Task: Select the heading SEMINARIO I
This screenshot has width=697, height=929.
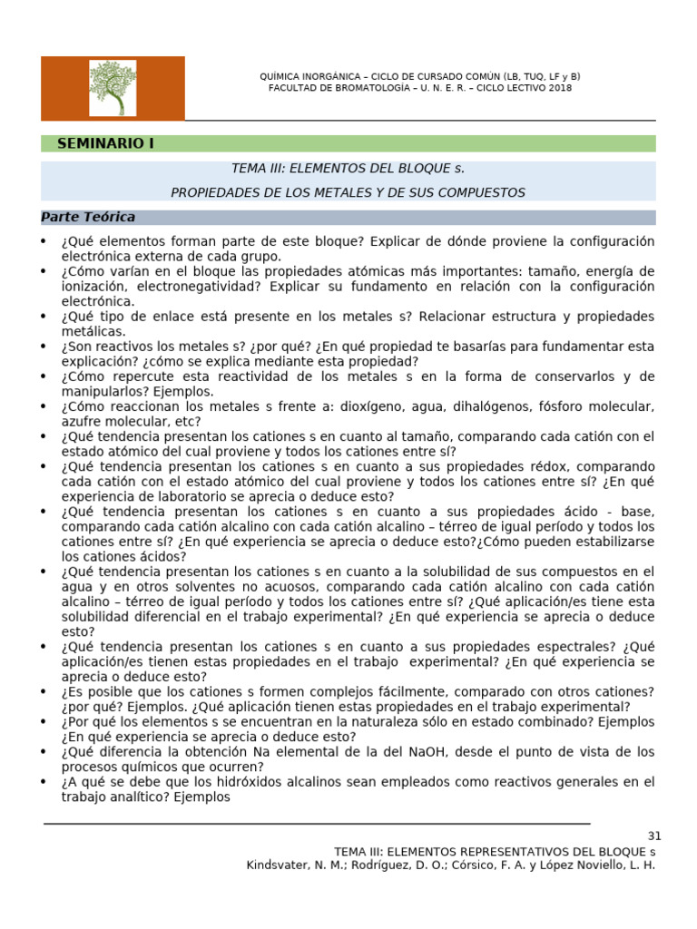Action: coord(105,143)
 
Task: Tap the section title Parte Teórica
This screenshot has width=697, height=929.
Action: coord(88,217)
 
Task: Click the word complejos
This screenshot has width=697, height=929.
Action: coord(307,691)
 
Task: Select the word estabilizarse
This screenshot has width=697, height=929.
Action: coord(613,542)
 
